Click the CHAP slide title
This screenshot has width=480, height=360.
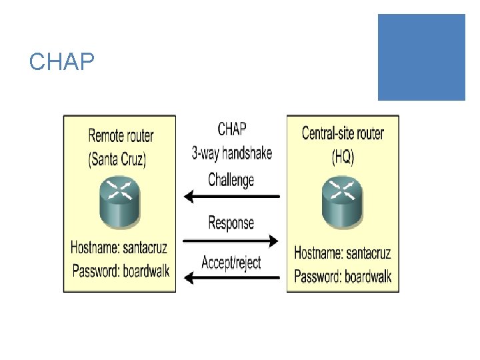click(x=61, y=62)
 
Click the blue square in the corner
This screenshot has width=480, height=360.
click(x=421, y=57)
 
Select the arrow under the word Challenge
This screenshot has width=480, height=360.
click(x=231, y=196)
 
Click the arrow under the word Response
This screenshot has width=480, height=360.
click(x=231, y=239)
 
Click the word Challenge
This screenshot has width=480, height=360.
click(x=231, y=179)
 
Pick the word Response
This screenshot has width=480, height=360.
click(x=231, y=223)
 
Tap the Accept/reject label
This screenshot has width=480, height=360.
click(x=231, y=262)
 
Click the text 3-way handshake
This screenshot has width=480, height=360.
click(x=232, y=153)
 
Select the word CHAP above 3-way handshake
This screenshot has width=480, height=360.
click(x=232, y=128)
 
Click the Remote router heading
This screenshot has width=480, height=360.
click(x=121, y=136)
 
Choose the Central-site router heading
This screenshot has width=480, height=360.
click(x=343, y=133)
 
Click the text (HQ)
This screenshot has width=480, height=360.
click(x=343, y=158)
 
